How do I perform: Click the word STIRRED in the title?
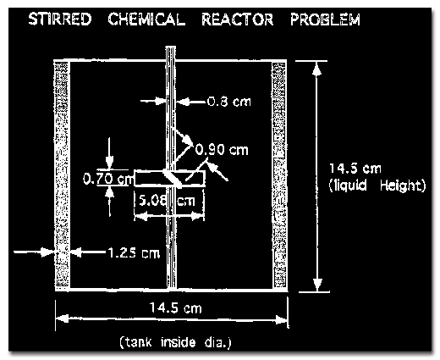click(60, 19)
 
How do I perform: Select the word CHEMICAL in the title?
click(146, 19)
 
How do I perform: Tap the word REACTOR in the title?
click(238, 19)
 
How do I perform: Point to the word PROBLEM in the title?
click(325, 19)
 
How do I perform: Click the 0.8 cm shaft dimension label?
click(228, 102)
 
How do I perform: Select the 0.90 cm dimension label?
click(222, 150)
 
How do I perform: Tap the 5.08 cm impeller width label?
click(167, 201)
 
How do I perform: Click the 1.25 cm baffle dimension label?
click(134, 253)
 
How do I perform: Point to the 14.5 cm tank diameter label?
click(175, 307)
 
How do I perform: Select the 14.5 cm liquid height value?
click(355, 169)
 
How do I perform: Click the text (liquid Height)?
click(377, 186)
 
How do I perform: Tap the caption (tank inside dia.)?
click(175, 342)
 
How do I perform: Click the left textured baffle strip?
click(61, 174)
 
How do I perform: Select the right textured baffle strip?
click(279, 175)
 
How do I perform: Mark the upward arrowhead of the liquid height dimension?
click(317, 69)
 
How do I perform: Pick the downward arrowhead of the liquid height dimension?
click(317, 285)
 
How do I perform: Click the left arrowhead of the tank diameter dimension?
click(62, 318)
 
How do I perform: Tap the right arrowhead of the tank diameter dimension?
click(281, 320)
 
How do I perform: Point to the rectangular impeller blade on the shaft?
click(169, 179)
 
